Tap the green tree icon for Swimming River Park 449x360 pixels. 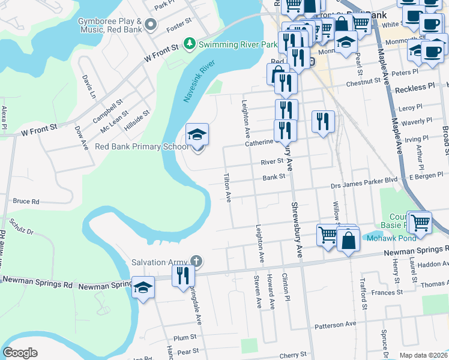[x=190, y=44]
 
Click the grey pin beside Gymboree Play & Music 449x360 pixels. [x=150, y=25]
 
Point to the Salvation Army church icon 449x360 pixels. [x=195, y=261]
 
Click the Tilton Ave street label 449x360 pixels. [x=228, y=187]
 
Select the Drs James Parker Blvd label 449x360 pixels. [x=364, y=179]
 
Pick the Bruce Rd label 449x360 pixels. [x=26, y=202]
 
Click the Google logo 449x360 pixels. [x=20, y=353]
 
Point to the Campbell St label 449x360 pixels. [x=107, y=112]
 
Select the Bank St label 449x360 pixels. [x=273, y=178]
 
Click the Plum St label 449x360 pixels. [x=185, y=337]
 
